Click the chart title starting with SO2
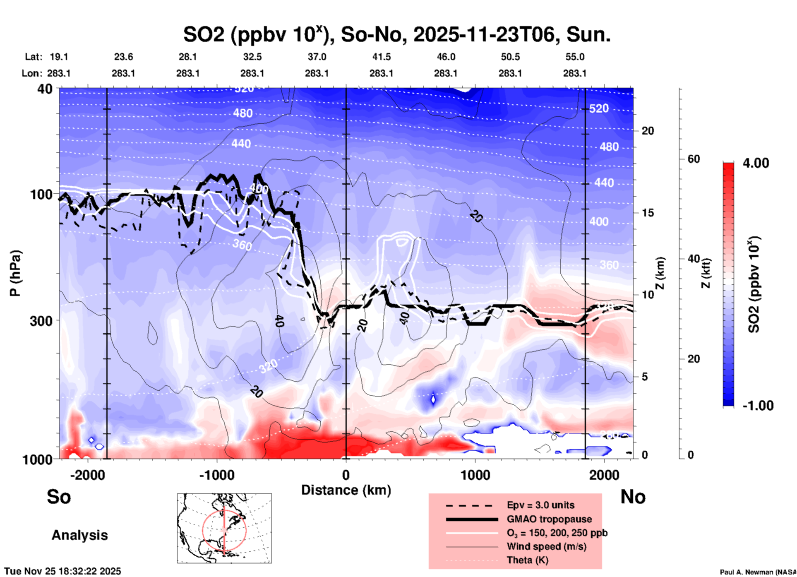click(396, 35)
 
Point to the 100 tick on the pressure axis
click(41, 194)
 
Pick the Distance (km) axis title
click(346, 490)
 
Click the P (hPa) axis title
click(15, 273)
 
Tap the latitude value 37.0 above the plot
click(317, 57)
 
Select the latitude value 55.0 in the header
click(575, 57)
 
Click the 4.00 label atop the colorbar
click(756, 163)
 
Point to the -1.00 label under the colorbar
click(758, 406)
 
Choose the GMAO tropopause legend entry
click(549, 519)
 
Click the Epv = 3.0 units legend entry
click(540, 505)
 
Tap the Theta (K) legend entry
click(527, 560)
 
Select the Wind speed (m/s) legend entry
click(546, 546)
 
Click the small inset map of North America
click(224, 528)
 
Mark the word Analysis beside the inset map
click(79, 535)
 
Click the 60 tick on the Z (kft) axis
click(694, 159)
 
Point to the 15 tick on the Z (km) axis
click(648, 213)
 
